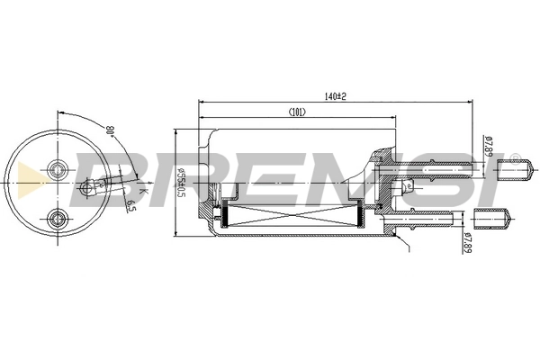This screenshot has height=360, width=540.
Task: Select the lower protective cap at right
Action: [x=491, y=217]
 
